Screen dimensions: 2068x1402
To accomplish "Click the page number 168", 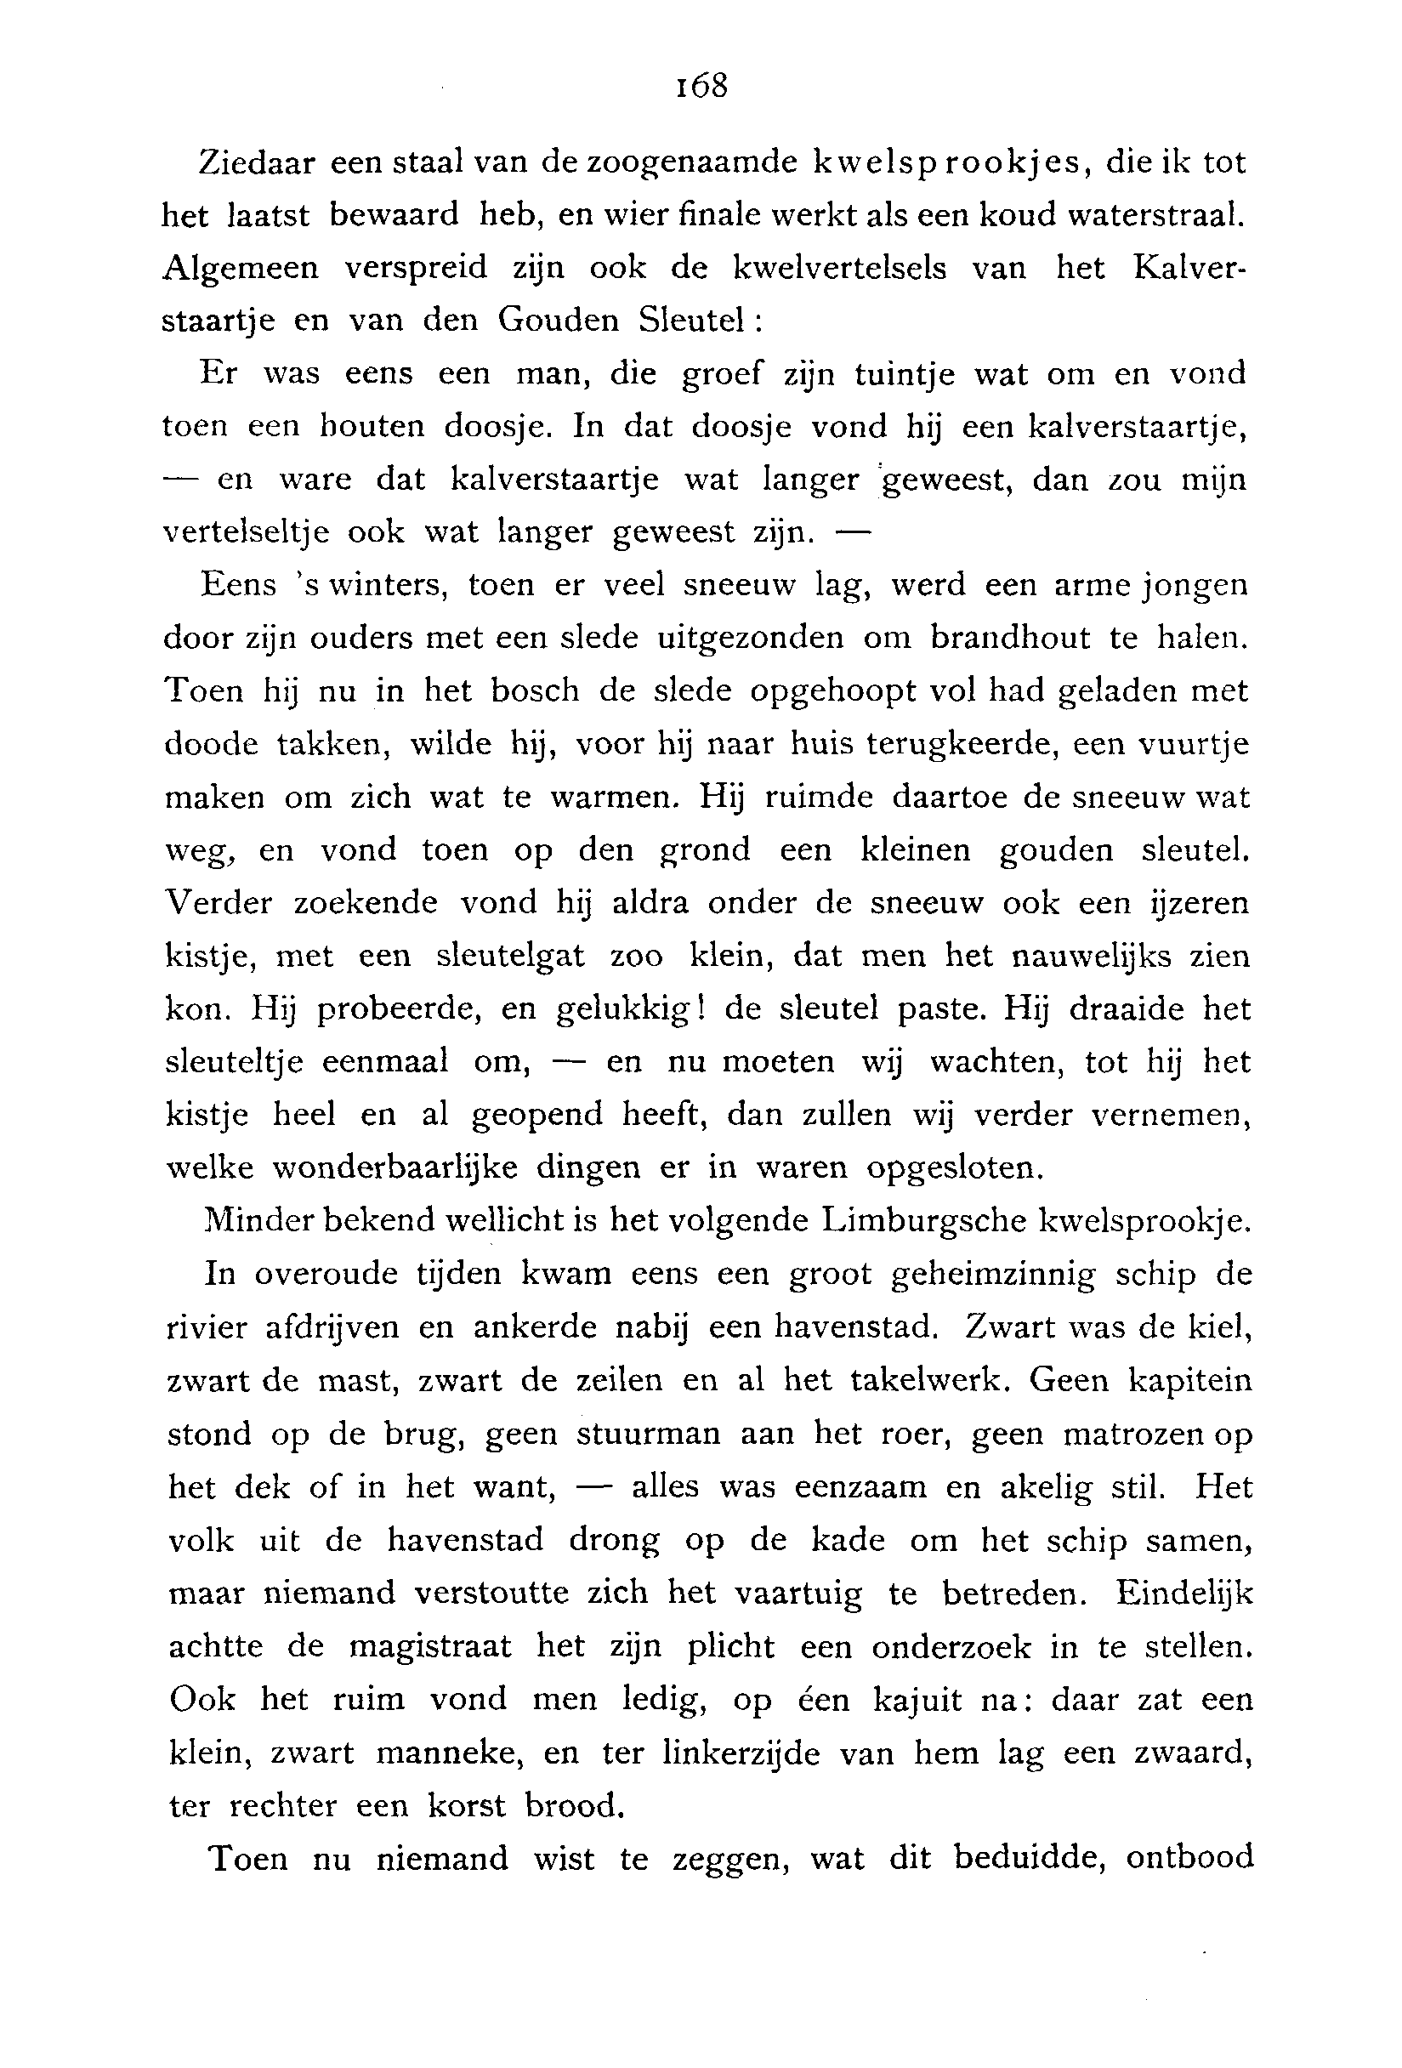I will tap(702, 87).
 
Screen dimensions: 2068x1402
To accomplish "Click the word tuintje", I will tap(904, 374).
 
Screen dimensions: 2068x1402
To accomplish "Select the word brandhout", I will tap(1010, 638).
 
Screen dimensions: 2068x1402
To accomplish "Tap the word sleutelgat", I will tap(510, 957).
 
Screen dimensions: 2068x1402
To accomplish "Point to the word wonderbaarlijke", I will tap(394, 1168).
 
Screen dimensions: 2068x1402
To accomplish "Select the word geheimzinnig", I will tap(993, 1276).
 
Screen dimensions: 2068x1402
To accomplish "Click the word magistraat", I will tap(429, 1647).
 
